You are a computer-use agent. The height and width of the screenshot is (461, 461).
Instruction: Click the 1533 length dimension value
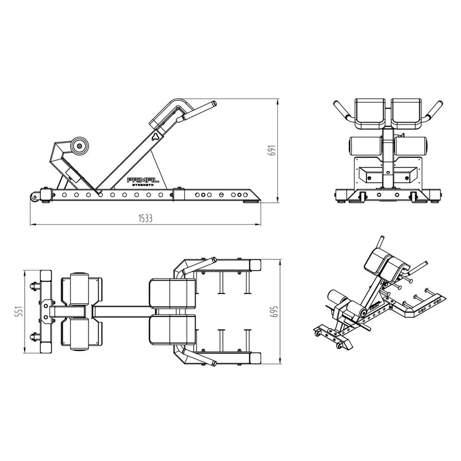(146, 218)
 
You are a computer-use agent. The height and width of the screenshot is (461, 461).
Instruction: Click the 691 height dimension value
(273, 150)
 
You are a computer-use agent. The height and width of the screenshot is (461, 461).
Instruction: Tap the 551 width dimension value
(19, 311)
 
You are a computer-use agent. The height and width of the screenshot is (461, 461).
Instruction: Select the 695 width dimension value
(274, 311)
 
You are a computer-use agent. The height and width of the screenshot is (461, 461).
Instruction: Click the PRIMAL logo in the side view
(143, 180)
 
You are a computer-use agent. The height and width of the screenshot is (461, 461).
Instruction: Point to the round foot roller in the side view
(80, 146)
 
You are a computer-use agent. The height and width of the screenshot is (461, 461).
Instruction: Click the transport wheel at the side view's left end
(35, 197)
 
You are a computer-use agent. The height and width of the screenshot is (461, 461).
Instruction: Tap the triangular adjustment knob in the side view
(155, 137)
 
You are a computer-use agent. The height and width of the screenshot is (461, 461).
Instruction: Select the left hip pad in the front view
(370, 114)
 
